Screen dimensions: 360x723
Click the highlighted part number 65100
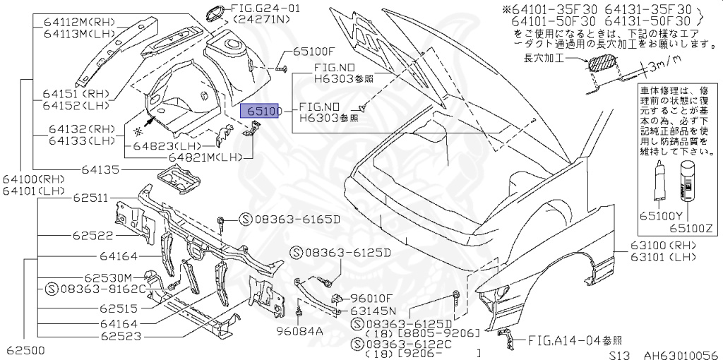click(262, 112)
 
